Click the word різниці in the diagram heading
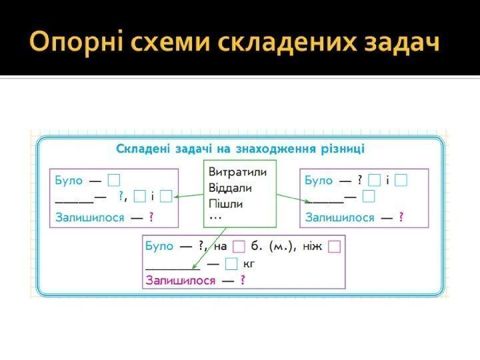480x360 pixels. pyautogui.click(x=341, y=148)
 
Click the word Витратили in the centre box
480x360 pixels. pyautogui.click(x=238, y=171)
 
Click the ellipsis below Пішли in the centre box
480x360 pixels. pyautogui.click(x=215, y=217)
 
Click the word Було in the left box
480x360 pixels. pyautogui.click(x=69, y=180)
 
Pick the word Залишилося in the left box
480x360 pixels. pyautogui.click(x=90, y=217)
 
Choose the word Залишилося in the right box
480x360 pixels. pyautogui.click(x=339, y=217)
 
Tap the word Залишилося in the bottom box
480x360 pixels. pyautogui.click(x=180, y=281)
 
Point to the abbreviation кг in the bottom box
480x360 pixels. pyautogui.click(x=249, y=264)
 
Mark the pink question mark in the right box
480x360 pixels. pyautogui.click(x=401, y=217)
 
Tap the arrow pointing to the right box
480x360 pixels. pyautogui.click(x=291, y=197)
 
